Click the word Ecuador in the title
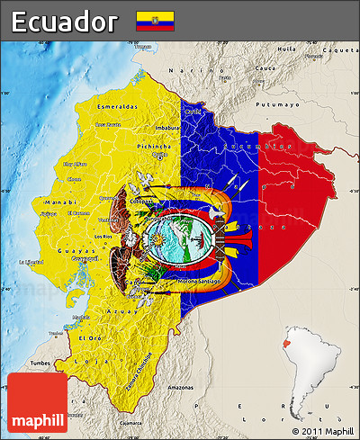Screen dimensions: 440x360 point(64,22)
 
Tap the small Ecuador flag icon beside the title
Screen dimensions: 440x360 point(155,22)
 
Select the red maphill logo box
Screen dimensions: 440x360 point(36,402)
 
